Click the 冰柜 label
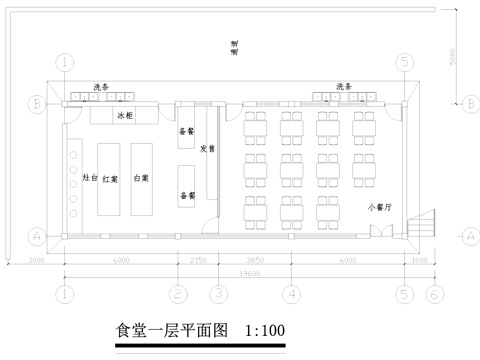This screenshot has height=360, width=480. coord(124,117)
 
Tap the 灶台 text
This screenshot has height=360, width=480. coord(87,177)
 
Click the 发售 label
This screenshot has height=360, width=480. coord(207,149)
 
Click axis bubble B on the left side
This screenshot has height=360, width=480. coord(36,102)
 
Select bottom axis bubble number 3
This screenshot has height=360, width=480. coord(217,295)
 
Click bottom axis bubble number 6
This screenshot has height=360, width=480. coord(433,295)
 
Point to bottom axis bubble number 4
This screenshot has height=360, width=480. coord(291,295)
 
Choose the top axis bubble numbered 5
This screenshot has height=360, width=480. coord(404,62)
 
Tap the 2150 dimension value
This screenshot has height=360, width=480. coord(197,259)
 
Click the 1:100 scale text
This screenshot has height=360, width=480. coord(265,329)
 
